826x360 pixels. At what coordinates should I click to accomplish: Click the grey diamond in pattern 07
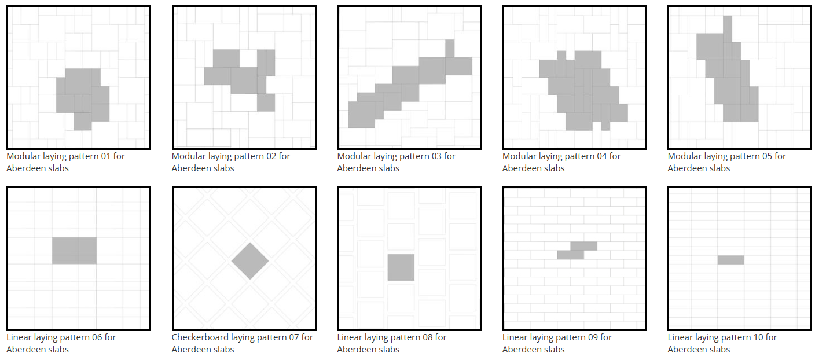click(x=250, y=261)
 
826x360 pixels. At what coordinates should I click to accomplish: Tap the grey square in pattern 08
click(x=401, y=267)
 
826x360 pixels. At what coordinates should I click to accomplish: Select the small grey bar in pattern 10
click(x=731, y=260)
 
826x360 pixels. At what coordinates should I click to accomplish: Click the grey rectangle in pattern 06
click(x=74, y=251)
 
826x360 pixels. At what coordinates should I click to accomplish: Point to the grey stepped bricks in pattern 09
click(x=577, y=251)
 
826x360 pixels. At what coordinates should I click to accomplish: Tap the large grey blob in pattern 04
click(x=583, y=90)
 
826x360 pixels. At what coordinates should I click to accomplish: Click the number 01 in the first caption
click(x=106, y=156)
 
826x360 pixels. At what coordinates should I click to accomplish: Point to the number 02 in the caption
click(x=271, y=156)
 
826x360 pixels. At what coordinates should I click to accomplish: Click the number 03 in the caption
click(x=436, y=156)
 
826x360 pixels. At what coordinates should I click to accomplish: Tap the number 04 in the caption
click(x=602, y=156)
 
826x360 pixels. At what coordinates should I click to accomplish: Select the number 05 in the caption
click(x=767, y=156)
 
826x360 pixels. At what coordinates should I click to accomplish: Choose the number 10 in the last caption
click(x=758, y=337)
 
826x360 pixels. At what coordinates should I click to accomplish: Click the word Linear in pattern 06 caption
click(x=19, y=337)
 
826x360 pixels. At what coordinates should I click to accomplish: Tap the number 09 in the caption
click(x=593, y=337)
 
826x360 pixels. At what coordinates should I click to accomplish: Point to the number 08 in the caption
click(x=427, y=337)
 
